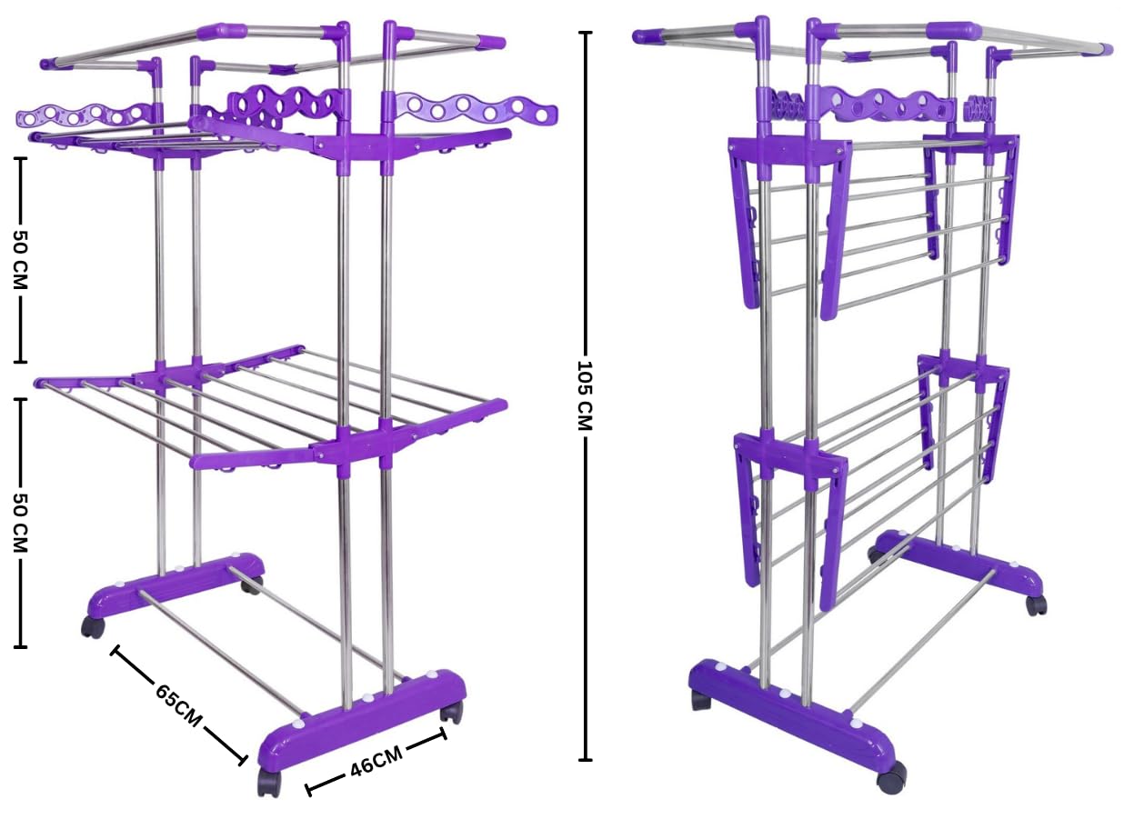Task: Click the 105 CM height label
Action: (x=585, y=395)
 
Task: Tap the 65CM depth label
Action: (x=178, y=704)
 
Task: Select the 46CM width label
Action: (x=376, y=761)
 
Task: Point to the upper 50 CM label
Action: (x=20, y=259)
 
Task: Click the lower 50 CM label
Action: (x=20, y=522)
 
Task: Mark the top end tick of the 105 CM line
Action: (x=585, y=33)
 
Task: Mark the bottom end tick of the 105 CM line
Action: (x=585, y=760)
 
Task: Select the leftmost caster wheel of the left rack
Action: (x=93, y=626)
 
